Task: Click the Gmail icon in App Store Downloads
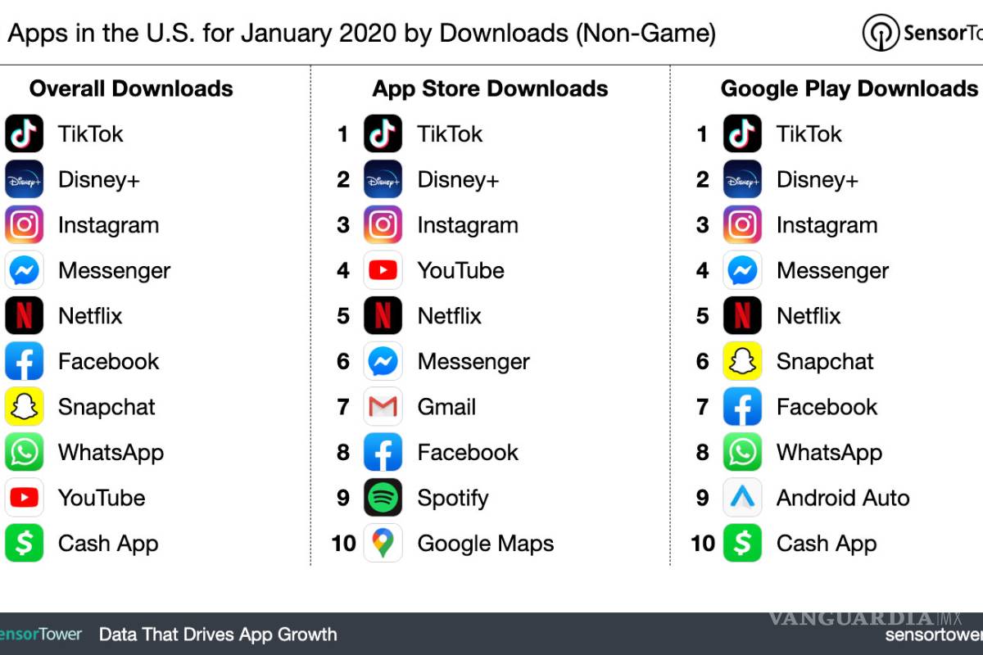[x=383, y=407]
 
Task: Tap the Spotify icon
[x=383, y=498]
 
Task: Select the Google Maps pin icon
[x=383, y=544]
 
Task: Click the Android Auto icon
[x=742, y=498]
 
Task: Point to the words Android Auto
[x=843, y=498]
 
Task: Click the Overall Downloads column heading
[x=131, y=88]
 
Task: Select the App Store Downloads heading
[x=490, y=88]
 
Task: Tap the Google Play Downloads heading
[x=849, y=88]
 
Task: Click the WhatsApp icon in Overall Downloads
[x=24, y=453]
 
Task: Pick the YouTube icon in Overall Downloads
[x=24, y=498]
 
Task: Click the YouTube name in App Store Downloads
[x=460, y=271]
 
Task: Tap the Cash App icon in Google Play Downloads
[x=742, y=544]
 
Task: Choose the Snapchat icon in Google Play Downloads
[x=742, y=362]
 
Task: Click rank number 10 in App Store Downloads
[x=343, y=544]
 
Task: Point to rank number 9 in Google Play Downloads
[x=702, y=498]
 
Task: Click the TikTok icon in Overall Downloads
[x=24, y=134]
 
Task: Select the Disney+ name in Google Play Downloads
[x=817, y=180]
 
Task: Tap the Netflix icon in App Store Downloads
[x=383, y=316]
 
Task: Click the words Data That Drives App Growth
[x=218, y=635]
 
